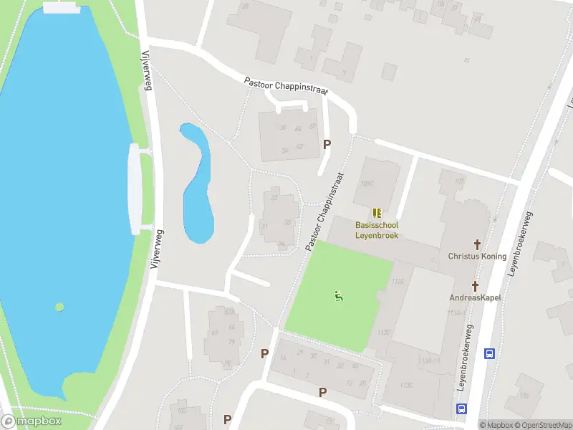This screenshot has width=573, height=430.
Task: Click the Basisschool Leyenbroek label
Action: click(377, 230)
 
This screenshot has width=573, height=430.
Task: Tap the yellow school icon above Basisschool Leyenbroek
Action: click(377, 213)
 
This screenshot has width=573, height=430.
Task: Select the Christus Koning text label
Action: click(477, 257)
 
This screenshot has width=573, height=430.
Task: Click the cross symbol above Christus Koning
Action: click(476, 244)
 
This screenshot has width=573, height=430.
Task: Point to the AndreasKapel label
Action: click(475, 297)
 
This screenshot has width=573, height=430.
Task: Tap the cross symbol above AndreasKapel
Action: click(474, 285)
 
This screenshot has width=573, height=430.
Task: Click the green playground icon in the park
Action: click(338, 295)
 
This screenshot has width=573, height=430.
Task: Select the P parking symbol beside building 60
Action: click(327, 144)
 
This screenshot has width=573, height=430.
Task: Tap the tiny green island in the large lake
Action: click(59, 307)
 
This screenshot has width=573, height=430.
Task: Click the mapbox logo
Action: click(32, 421)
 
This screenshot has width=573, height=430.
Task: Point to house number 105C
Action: click(368, 183)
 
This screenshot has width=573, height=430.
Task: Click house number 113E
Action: click(399, 281)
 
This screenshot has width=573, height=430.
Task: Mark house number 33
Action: click(274, 197)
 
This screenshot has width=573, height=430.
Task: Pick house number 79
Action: click(231, 341)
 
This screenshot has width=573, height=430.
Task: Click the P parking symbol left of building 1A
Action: click(265, 353)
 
